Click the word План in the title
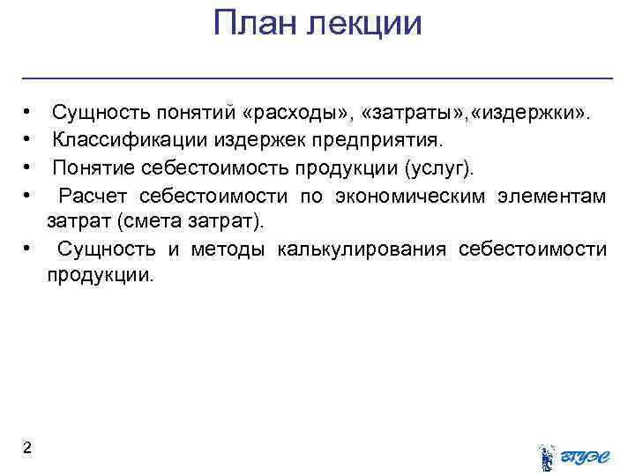pos(253,24)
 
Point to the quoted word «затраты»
pos(410,114)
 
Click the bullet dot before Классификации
pos(29,140)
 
